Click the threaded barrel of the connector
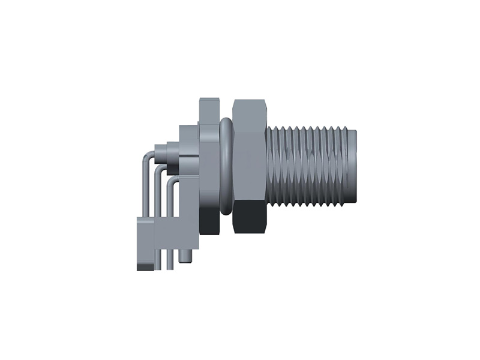coord(312,165)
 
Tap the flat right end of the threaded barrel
coord(356,165)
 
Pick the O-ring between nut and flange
coord(226,165)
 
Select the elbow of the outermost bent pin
coord(146,159)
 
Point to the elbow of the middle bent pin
coord(158,170)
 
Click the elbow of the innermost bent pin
coord(171,181)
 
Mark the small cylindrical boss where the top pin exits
coord(161,151)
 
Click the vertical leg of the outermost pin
coord(142,192)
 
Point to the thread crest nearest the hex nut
coord(271,165)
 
